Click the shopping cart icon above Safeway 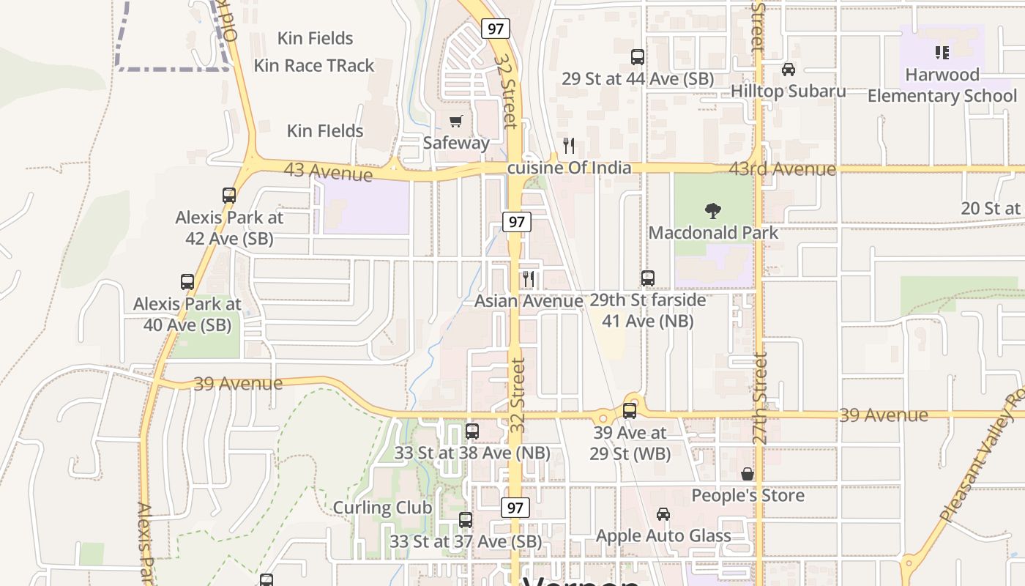456,121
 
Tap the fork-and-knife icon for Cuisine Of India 568,146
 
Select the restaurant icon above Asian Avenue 529,279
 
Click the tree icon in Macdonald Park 713,212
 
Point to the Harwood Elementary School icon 942,53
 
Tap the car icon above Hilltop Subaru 788,70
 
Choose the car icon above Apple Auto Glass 663,514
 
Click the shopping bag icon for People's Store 747,474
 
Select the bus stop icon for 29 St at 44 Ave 637,57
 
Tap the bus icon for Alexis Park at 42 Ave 229,196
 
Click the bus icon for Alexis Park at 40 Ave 187,282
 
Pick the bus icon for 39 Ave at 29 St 630,411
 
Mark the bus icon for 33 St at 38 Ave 472,431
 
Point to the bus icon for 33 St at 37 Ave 466,520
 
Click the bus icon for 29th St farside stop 647,278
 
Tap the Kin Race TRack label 313,65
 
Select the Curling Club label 382,508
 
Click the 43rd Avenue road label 782,169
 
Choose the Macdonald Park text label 713,233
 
